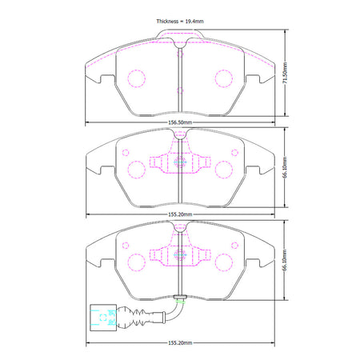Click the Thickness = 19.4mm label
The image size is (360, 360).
[180, 22]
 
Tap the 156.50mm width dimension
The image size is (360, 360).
[180, 122]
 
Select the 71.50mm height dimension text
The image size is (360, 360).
[285, 73]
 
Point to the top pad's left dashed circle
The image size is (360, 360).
[136, 78]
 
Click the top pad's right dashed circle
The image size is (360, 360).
[224, 78]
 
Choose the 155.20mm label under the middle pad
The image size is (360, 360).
[180, 214]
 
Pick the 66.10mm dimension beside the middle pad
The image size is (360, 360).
[285, 167]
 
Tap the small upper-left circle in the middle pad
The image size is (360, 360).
[126, 153]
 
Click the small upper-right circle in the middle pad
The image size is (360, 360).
[234, 153]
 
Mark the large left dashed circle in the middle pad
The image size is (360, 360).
[136, 170]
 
